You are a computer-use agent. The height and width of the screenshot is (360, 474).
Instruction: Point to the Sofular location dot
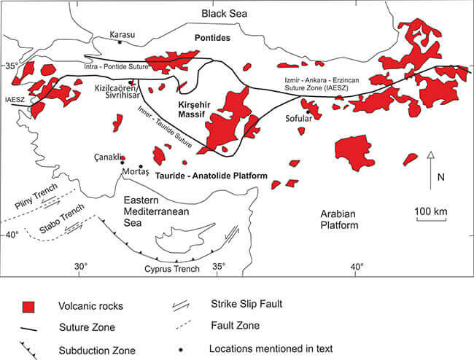(308, 112)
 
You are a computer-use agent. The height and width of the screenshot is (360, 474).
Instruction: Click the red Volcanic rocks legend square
(30, 305)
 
